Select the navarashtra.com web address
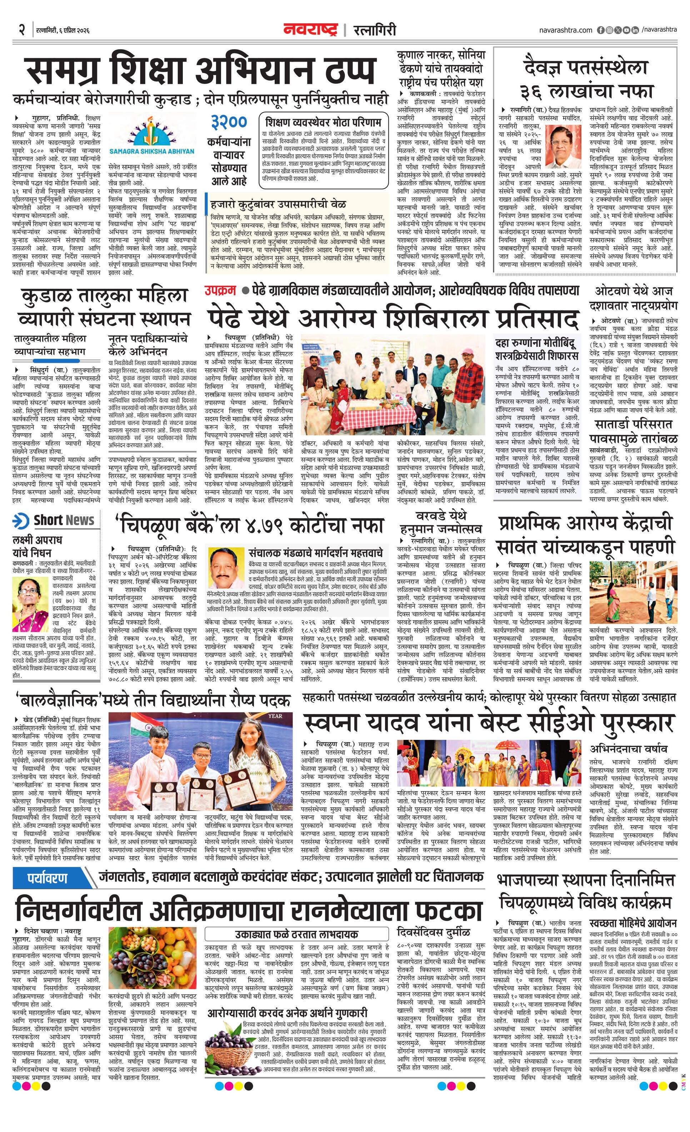565,30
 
